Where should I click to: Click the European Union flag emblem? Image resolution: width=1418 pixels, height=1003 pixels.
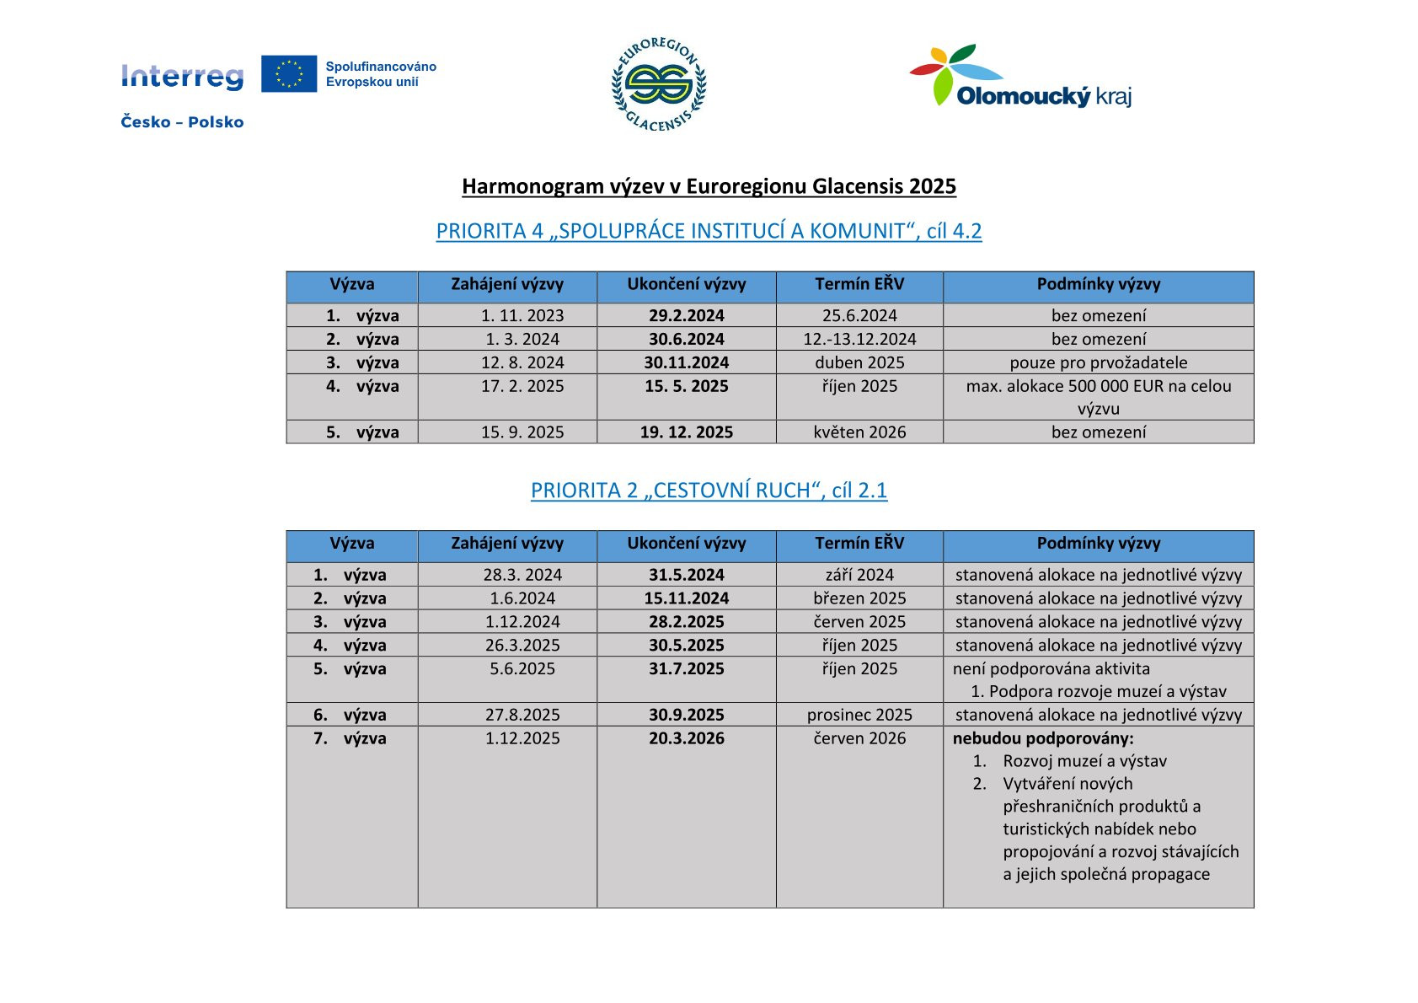(x=288, y=74)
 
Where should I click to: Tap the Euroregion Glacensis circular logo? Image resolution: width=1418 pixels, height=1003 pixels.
(x=659, y=84)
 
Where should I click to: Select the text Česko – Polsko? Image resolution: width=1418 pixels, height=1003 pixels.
(x=182, y=122)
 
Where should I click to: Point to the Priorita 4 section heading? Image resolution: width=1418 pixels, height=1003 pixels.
(x=709, y=231)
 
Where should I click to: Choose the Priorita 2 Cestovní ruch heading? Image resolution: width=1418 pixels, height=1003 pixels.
(x=709, y=491)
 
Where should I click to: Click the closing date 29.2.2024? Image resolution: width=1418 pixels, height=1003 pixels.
(x=686, y=316)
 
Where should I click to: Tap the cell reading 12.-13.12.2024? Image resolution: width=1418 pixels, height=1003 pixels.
(x=859, y=340)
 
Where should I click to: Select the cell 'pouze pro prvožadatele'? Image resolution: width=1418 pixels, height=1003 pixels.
(x=1098, y=363)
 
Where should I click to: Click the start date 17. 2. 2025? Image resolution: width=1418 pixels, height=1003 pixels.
(x=522, y=387)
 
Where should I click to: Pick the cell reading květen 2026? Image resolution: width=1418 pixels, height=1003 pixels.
(x=859, y=432)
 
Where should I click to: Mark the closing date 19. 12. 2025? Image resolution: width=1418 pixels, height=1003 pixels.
(x=686, y=432)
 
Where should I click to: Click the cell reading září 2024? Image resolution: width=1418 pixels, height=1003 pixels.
(x=859, y=575)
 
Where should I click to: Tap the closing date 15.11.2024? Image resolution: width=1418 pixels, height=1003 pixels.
(x=686, y=598)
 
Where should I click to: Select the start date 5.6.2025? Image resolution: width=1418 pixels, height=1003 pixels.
(x=522, y=669)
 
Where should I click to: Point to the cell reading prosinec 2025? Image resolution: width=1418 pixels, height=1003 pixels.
(x=859, y=716)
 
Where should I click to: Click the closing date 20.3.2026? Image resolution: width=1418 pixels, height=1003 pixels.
(x=686, y=739)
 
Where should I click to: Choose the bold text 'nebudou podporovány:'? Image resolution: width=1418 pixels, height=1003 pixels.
(x=1043, y=739)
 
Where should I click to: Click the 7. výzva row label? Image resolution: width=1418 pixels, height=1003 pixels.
(x=350, y=739)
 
